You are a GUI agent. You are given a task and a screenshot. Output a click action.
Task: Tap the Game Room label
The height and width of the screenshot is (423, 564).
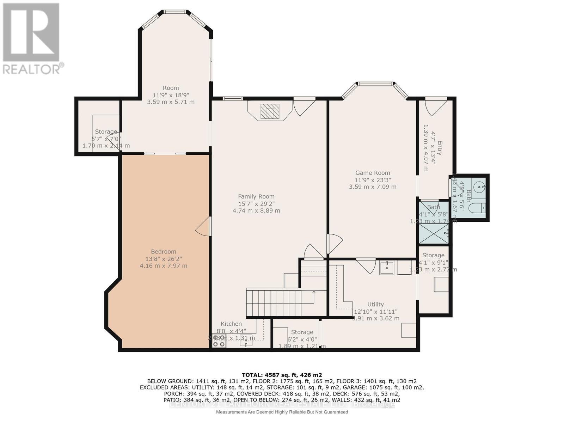(373, 173)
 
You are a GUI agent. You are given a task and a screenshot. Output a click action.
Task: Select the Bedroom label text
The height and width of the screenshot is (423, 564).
(164, 251)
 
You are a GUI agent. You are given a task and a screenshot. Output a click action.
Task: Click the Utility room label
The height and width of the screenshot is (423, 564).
(375, 304)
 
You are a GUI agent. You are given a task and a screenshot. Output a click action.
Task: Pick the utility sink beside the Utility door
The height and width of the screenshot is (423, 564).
(387, 268)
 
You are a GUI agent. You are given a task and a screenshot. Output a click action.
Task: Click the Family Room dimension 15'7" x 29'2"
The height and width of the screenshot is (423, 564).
(256, 204)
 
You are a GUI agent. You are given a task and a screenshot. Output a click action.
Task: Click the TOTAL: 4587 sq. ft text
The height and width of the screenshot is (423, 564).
(282, 375)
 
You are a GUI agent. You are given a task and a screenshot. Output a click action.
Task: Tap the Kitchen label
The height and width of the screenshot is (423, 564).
(231, 324)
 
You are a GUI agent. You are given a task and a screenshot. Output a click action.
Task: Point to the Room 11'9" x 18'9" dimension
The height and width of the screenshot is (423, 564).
(171, 95)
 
